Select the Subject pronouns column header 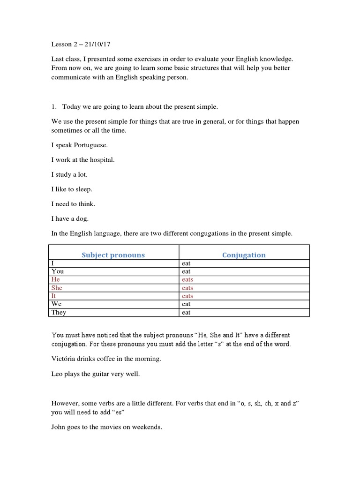point(113,255)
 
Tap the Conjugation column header point(244,255)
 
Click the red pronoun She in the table point(57,288)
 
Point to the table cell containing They point(59,312)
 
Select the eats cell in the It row point(187,296)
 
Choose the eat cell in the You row point(186,271)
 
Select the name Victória point(65,359)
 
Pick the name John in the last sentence point(59,427)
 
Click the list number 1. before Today point(54,107)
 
